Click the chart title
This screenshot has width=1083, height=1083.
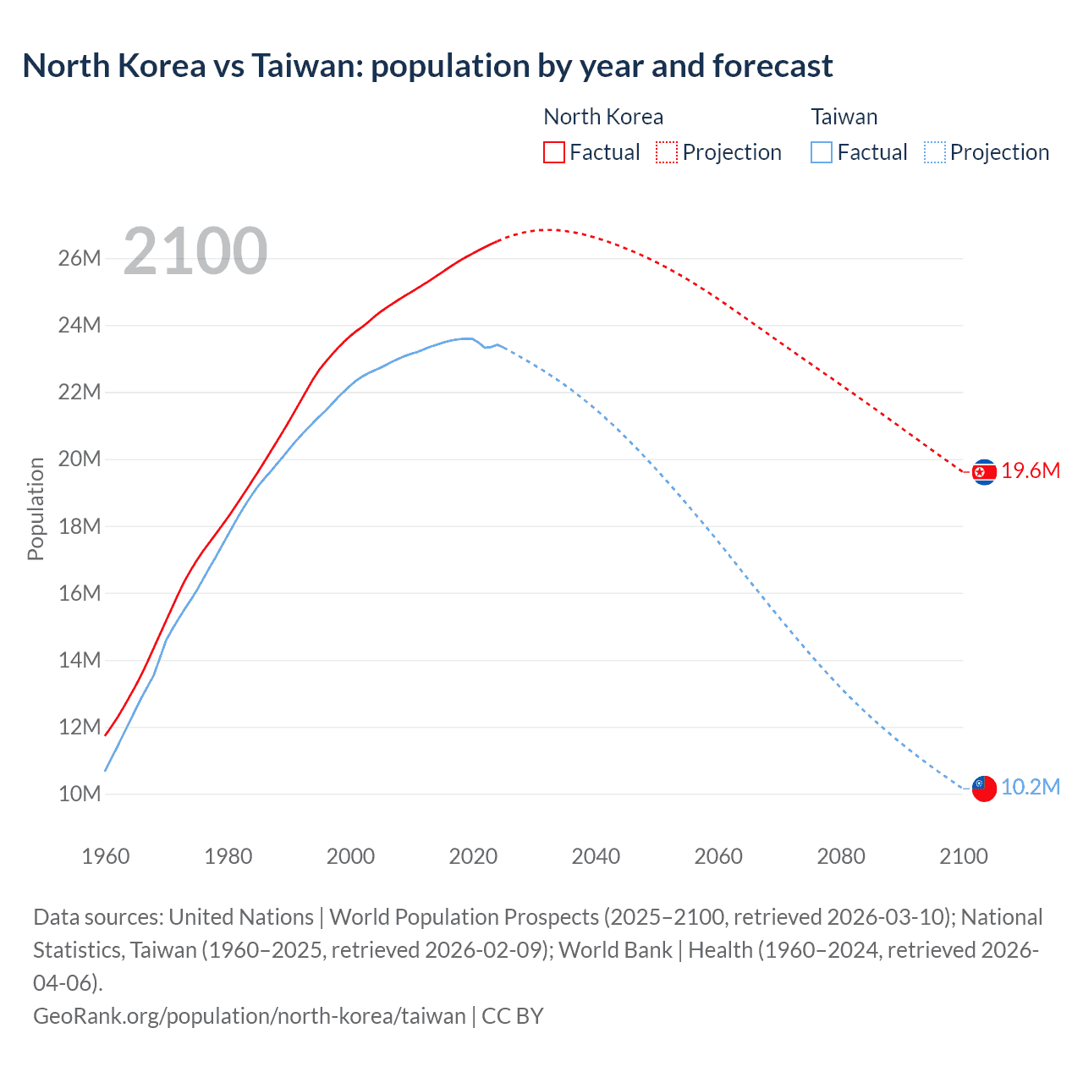[x=427, y=66]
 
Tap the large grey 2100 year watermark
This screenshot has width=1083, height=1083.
[x=195, y=251]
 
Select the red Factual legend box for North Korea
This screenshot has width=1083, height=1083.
[x=553, y=152]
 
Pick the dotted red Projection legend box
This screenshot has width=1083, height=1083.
[x=667, y=152]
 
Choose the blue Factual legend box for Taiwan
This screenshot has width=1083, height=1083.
[x=821, y=152]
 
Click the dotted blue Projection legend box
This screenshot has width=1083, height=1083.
[x=934, y=152]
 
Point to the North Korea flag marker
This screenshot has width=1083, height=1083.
[x=984, y=472]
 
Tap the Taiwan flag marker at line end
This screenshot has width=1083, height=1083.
[x=984, y=788]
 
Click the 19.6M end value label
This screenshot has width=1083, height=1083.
[x=1031, y=471]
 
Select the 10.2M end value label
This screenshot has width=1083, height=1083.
[x=1031, y=787]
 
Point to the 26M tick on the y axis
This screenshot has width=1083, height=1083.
[x=80, y=258]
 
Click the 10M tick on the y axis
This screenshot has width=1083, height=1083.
[x=80, y=794]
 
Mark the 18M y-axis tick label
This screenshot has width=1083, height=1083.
[x=80, y=526]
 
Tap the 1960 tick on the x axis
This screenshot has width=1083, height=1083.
[x=106, y=856]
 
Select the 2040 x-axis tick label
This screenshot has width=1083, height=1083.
[x=596, y=856]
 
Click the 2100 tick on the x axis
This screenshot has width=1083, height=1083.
[x=964, y=856]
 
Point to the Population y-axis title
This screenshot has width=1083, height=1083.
[x=36, y=509]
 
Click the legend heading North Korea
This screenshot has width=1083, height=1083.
[x=603, y=117]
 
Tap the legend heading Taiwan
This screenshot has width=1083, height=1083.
[x=844, y=117]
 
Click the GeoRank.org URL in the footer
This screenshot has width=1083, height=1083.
[x=250, y=1015]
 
